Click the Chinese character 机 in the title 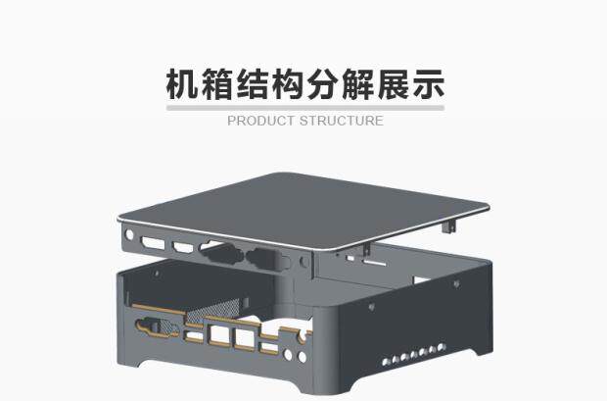click(x=182, y=84)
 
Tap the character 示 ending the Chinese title click(x=428, y=84)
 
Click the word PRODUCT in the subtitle click(x=260, y=121)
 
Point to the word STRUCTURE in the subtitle click(x=342, y=121)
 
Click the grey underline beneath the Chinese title click(x=305, y=108)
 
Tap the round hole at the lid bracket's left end click(x=129, y=235)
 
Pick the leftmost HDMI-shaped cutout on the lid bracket click(x=153, y=243)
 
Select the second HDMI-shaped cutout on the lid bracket click(x=183, y=247)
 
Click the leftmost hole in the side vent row click(x=386, y=362)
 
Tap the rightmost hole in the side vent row click(x=442, y=347)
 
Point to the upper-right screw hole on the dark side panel click(x=456, y=284)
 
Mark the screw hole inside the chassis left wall click(x=157, y=274)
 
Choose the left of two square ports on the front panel click(x=219, y=335)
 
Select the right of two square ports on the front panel click(x=245, y=339)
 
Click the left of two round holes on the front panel click(x=288, y=354)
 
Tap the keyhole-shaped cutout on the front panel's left click(x=157, y=326)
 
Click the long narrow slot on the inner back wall click(x=375, y=264)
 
